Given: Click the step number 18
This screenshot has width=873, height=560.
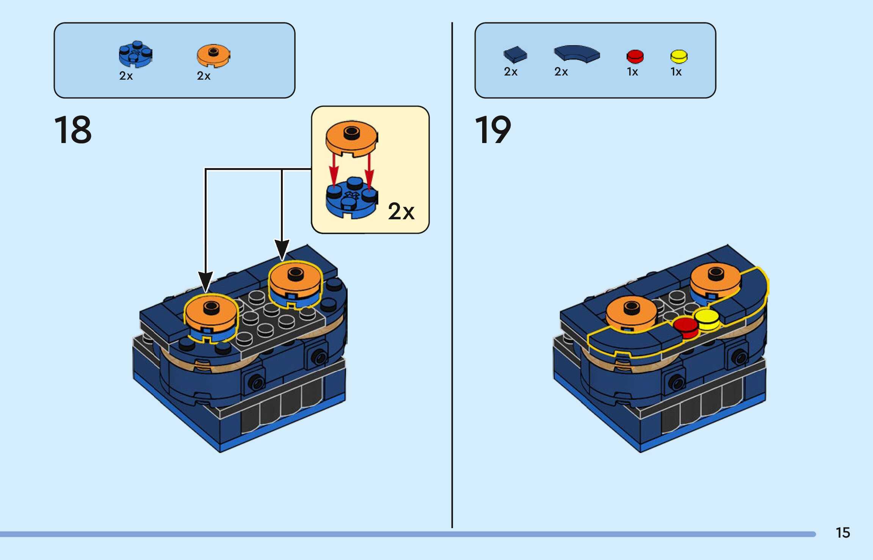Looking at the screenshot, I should pyautogui.click(x=73, y=130).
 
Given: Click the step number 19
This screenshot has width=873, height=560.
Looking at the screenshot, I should pyautogui.click(x=493, y=130).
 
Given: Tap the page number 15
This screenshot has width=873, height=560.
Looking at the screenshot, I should pyautogui.click(x=843, y=533).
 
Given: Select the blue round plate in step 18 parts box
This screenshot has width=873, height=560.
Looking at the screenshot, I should pyautogui.click(x=135, y=54).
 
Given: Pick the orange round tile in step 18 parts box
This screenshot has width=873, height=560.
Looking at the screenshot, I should pyautogui.click(x=213, y=55).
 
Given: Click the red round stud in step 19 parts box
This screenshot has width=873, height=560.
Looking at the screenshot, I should pyautogui.click(x=635, y=56).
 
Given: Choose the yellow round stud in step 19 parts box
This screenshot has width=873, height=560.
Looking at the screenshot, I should pyautogui.click(x=679, y=56).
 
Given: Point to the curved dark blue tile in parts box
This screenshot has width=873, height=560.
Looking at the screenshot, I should pyautogui.click(x=577, y=53).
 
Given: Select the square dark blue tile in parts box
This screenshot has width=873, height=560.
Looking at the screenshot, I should pyautogui.click(x=515, y=54).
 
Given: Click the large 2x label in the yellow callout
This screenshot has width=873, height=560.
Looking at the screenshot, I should pyautogui.click(x=401, y=211).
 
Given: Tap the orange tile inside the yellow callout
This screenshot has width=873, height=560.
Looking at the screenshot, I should pyautogui.click(x=351, y=138).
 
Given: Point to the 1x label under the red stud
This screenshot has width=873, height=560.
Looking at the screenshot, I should pyautogui.click(x=632, y=72).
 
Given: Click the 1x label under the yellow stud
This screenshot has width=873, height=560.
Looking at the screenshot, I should pyautogui.click(x=676, y=72).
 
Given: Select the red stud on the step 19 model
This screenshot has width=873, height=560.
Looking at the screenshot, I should pyautogui.click(x=686, y=327).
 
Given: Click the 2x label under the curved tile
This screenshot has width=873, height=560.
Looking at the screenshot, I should pyautogui.click(x=561, y=72).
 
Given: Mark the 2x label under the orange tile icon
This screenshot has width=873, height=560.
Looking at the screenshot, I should pyautogui.click(x=204, y=76).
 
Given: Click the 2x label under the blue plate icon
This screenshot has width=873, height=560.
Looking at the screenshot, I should pyautogui.click(x=126, y=76).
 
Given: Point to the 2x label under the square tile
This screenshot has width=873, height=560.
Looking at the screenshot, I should pyautogui.click(x=511, y=72).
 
